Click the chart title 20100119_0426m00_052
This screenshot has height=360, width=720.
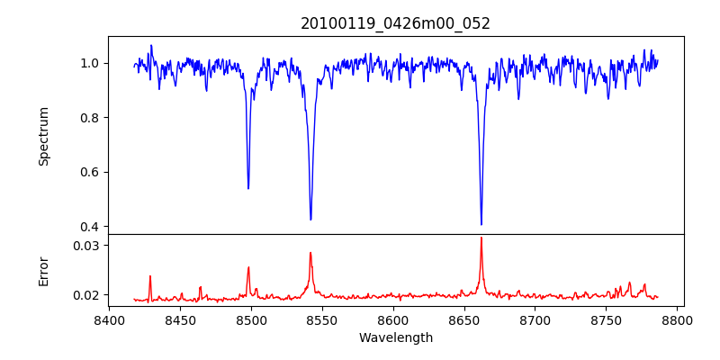(395, 23)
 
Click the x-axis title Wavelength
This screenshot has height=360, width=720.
(395, 337)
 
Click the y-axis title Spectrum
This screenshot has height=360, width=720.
(44, 136)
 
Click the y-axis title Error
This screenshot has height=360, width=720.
(44, 271)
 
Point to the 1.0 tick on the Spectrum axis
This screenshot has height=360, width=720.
(91, 63)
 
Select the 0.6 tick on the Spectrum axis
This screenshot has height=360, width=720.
(91, 172)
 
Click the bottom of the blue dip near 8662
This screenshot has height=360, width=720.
(481, 224)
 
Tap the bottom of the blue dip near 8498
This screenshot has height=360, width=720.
(248, 188)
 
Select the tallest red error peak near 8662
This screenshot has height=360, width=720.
(481, 238)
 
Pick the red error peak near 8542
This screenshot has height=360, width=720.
(310, 253)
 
